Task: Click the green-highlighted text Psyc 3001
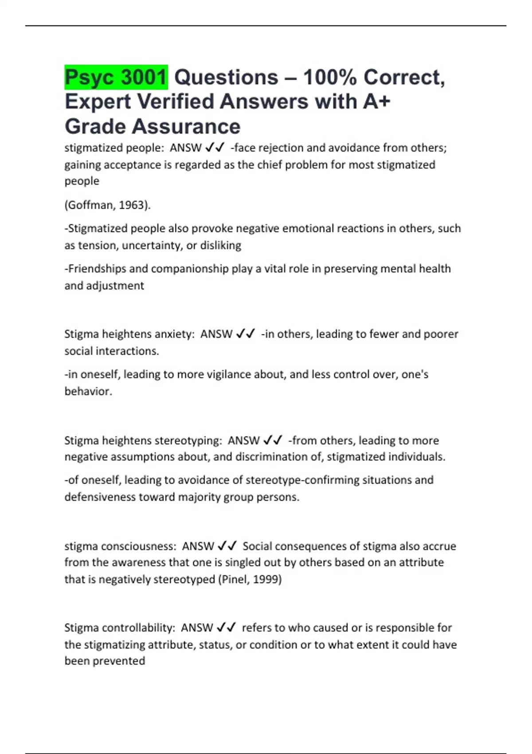(x=116, y=77)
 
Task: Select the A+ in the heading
(x=376, y=102)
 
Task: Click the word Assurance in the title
(x=186, y=126)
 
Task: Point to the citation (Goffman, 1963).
(x=108, y=205)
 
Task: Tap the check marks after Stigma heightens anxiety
(x=246, y=334)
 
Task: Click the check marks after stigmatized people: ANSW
(x=215, y=148)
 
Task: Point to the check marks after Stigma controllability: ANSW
(x=226, y=628)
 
